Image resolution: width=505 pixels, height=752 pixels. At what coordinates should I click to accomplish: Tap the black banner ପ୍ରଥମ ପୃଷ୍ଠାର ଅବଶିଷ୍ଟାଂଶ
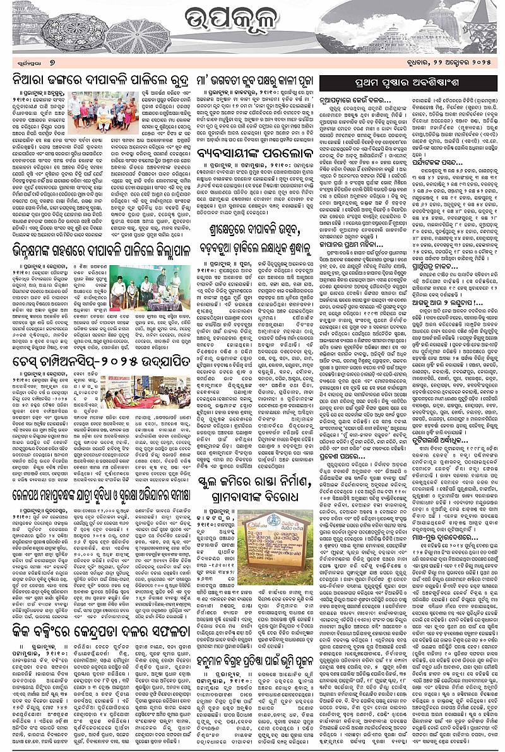(409, 83)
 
